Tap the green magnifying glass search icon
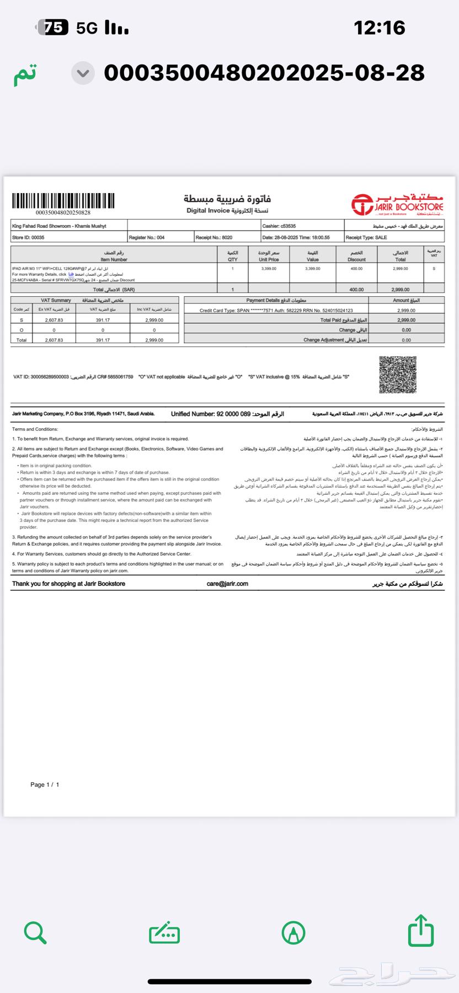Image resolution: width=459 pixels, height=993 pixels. point(35,932)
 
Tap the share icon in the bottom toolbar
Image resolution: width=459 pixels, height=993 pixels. point(421,931)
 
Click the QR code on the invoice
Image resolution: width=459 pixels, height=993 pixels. point(398,375)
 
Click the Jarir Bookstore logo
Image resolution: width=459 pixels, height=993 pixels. point(398,205)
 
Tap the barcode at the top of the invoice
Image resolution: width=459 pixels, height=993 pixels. point(63,200)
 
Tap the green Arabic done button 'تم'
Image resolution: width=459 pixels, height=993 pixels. point(25,73)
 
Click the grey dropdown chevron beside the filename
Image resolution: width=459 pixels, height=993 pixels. point(83,73)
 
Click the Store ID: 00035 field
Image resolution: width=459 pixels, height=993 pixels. point(28,238)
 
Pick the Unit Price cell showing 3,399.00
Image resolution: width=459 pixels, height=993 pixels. point(269,269)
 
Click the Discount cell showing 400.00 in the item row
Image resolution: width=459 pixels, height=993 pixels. point(356,269)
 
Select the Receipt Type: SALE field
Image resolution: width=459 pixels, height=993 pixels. point(366,238)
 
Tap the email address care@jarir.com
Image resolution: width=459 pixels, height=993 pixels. point(227,584)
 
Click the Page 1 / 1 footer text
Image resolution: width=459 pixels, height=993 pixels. point(45,784)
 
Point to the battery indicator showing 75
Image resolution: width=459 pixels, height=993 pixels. point(55,27)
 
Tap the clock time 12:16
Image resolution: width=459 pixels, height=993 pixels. point(379,27)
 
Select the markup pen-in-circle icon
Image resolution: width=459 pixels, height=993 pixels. point(293,933)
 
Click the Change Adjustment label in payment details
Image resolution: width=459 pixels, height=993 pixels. point(335,340)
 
